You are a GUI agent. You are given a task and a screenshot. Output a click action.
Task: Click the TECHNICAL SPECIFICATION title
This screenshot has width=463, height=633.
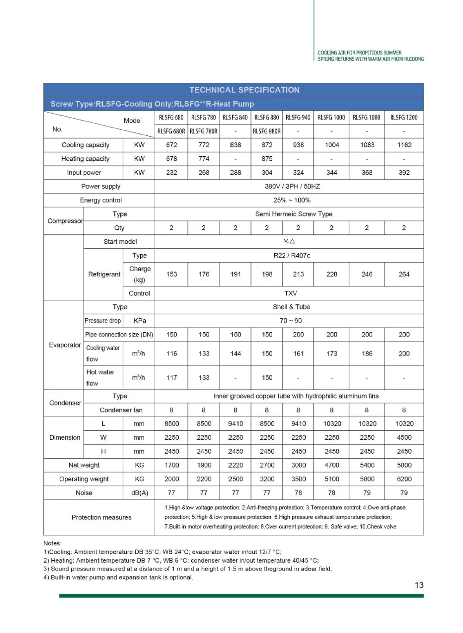(x=244, y=90)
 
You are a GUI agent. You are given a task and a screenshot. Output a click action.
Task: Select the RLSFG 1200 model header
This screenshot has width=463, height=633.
(x=404, y=118)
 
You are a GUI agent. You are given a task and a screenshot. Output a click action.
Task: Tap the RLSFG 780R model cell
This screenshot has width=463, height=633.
(x=204, y=131)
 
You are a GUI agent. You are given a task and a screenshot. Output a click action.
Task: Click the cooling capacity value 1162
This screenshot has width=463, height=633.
(x=404, y=145)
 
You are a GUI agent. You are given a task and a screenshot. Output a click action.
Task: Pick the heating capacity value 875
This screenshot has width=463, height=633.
(x=267, y=158)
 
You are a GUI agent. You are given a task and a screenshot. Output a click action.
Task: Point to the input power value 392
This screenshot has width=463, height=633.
(x=404, y=172)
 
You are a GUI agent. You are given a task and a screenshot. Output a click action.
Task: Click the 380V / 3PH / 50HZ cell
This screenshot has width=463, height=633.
(x=292, y=186)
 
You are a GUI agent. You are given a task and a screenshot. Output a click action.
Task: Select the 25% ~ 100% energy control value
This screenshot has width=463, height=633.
(x=292, y=200)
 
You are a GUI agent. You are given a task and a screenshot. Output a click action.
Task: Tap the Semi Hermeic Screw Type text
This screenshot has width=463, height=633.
(x=294, y=214)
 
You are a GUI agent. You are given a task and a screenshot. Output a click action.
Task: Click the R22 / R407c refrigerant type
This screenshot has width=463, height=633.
(x=292, y=255)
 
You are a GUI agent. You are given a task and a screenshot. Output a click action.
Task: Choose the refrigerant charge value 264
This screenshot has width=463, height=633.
(x=404, y=274)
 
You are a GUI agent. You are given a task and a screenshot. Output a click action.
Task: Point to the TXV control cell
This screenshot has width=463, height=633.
(x=291, y=293)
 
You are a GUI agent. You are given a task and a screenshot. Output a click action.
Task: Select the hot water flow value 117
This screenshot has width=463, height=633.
(x=172, y=378)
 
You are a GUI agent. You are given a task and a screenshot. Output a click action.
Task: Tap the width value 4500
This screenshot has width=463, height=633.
(x=404, y=437)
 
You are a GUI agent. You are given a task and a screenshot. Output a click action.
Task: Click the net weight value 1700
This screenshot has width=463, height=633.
(x=172, y=465)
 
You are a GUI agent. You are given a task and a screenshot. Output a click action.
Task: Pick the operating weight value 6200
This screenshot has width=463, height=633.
(x=404, y=479)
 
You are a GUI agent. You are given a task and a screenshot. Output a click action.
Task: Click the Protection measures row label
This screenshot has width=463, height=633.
(x=101, y=518)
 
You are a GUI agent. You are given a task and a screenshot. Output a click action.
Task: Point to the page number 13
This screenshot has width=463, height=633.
(x=419, y=585)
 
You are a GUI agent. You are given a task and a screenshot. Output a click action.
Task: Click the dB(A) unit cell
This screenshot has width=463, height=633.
(x=139, y=493)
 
